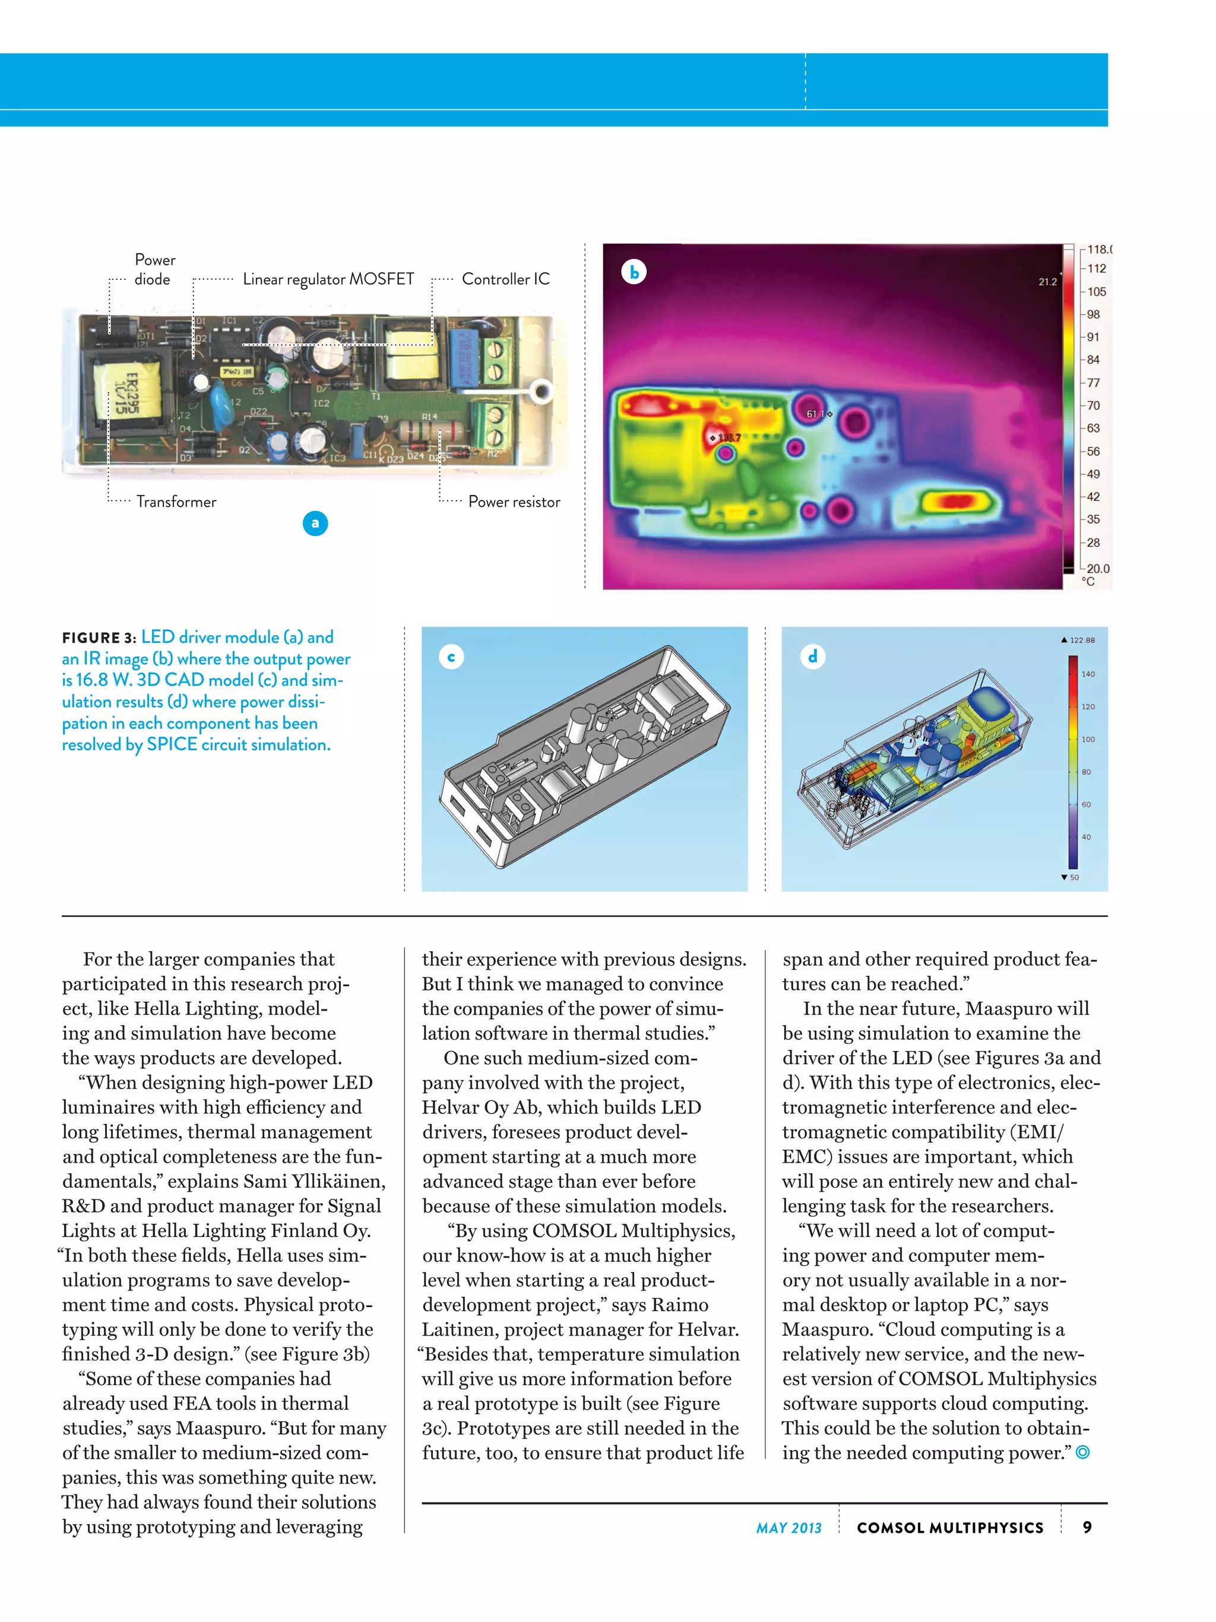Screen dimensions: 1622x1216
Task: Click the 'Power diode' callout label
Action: [x=154, y=269]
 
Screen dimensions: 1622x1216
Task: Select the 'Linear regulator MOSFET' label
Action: [x=328, y=279]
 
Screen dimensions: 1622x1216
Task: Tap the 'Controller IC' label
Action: [x=505, y=279]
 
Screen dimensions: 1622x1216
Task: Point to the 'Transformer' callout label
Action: [x=176, y=501]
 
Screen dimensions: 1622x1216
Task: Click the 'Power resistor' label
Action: [x=514, y=501]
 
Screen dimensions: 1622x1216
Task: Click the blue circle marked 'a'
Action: [x=315, y=523]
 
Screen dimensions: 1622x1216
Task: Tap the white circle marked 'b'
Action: [x=634, y=272]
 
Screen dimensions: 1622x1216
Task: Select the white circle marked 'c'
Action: [x=451, y=657]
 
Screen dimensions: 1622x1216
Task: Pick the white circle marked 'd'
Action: [x=812, y=657]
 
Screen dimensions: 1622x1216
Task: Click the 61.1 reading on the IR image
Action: [x=816, y=414]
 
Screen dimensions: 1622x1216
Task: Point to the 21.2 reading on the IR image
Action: [x=1047, y=282]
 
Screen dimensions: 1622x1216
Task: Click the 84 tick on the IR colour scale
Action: [x=1093, y=360]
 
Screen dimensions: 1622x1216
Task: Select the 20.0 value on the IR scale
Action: [x=1097, y=568]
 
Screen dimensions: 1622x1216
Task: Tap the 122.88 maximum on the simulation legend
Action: [x=1082, y=640]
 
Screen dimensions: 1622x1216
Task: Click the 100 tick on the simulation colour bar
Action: [x=1088, y=739]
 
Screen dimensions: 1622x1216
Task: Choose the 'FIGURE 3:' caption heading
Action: [x=99, y=638]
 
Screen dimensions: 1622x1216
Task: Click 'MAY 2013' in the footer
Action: [x=788, y=1528]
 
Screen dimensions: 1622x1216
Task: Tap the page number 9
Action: [x=1087, y=1527]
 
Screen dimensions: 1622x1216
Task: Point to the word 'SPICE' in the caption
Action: [x=172, y=744]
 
